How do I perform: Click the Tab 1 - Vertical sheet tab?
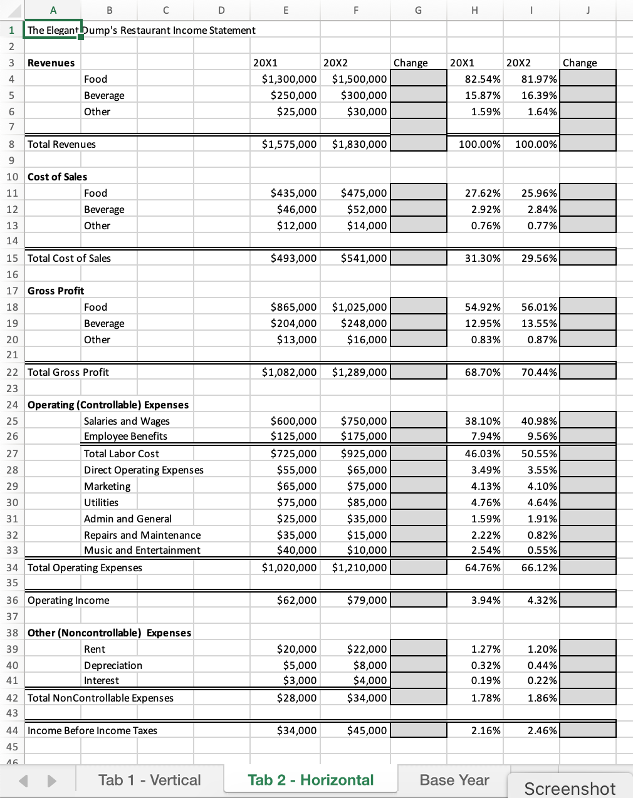149,780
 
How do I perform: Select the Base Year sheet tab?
454,780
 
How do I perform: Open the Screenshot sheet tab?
570,788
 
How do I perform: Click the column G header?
418,9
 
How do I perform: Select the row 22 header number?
12,372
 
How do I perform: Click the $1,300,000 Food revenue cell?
289,79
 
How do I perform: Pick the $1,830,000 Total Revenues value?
359,144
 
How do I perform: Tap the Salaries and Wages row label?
127,421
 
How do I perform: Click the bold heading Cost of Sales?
57,177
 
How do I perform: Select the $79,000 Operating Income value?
367,600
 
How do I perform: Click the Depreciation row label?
113,665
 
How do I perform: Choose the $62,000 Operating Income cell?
296,600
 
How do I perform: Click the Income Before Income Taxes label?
92,730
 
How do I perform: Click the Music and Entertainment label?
142,550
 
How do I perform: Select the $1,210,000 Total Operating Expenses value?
359,567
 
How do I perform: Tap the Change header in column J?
580,63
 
